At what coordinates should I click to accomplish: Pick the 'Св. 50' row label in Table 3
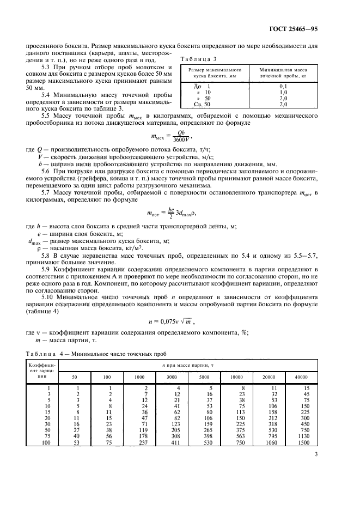(x=202, y=104)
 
